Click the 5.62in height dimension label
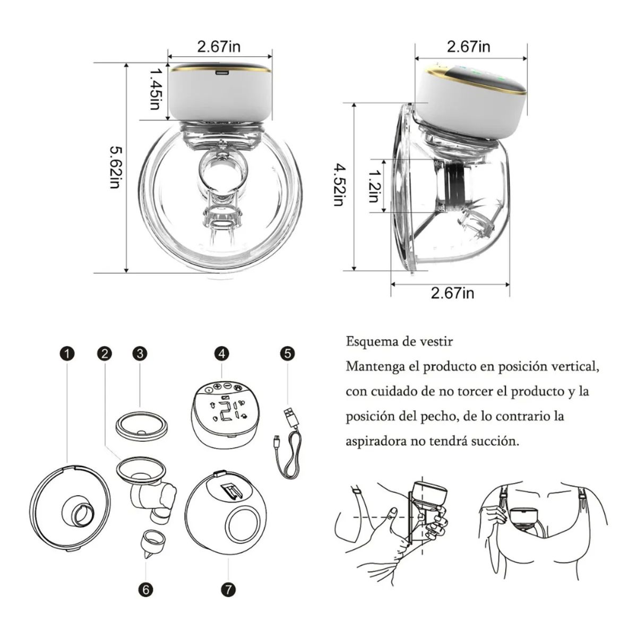(114, 168)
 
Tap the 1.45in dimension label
(154, 89)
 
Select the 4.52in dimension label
(338, 185)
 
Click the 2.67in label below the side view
(452, 292)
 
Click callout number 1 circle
(67, 354)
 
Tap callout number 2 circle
(105, 354)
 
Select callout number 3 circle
(140, 354)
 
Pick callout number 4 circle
(222, 354)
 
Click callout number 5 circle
(287, 354)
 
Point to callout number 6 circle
(146, 589)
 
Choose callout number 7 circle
(228, 589)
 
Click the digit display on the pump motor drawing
(226, 409)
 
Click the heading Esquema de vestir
(399, 341)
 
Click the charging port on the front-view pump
(221, 73)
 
